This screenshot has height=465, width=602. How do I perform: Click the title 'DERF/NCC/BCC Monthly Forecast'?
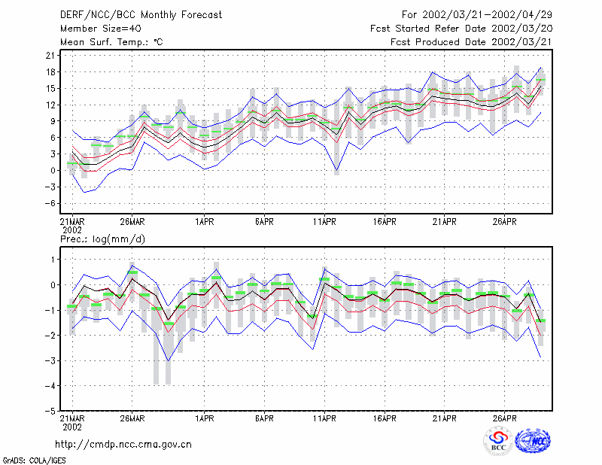pos(141,15)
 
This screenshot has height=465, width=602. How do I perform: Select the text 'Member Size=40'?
pos(101,29)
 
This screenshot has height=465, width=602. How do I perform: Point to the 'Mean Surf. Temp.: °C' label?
pos(111,42)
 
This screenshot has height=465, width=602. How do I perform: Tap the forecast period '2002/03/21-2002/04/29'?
pos(487,15)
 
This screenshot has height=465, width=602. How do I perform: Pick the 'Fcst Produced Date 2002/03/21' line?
pos(471,42)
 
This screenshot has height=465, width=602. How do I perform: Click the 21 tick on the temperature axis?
pos(50,56)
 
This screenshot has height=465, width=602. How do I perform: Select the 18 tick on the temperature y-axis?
pos(50,72)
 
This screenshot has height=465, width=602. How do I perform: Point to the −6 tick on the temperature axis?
pos(48,203)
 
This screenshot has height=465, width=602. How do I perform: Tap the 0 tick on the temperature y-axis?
pos(53,171)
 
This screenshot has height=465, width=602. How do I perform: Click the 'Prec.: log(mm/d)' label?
pos(102,239)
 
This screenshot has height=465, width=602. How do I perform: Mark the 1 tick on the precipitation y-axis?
pos(53,260)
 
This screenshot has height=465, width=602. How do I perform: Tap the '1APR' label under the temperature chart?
pos(204,222)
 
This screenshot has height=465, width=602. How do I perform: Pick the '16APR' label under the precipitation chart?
pos(385,418)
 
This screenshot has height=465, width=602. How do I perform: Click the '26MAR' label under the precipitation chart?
pos(132,418)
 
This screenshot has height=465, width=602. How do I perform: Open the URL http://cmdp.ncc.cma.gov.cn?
pos(123,445)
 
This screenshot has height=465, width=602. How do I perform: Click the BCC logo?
pos(497,440)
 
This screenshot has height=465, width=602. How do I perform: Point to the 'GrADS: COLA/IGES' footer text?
pos(34,460)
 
